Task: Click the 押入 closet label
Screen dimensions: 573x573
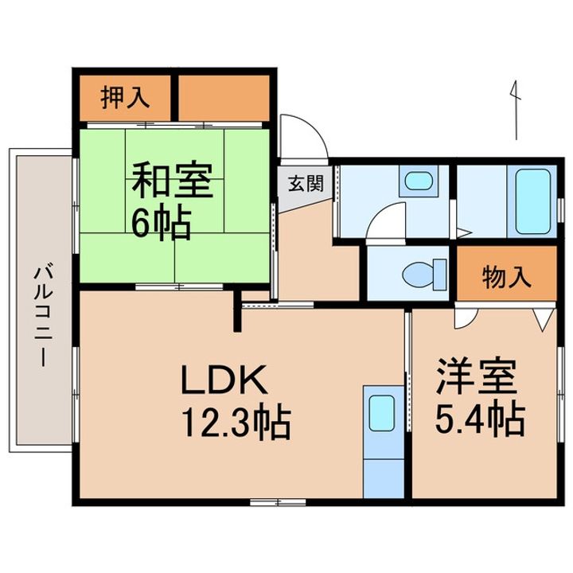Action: (125, 98)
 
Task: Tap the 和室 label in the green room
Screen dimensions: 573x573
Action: (172, 179)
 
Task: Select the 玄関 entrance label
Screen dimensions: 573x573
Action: (306, 184)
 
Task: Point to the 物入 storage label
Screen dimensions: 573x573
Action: (506, 277)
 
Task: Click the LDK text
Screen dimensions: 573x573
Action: (224, 380)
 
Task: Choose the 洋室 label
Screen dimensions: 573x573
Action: (476, 376)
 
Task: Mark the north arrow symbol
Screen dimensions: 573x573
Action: (515, 111)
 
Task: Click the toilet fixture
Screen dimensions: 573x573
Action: (424, 275)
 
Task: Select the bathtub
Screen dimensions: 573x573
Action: (532, 201)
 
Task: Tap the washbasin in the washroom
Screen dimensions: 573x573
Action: (419, 181)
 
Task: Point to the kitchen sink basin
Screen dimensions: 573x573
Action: (381, 413)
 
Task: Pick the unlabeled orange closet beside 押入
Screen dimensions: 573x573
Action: (224, 98)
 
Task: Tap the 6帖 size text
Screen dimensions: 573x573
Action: (162, 223)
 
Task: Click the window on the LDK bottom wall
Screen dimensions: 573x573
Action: (278, 502)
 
